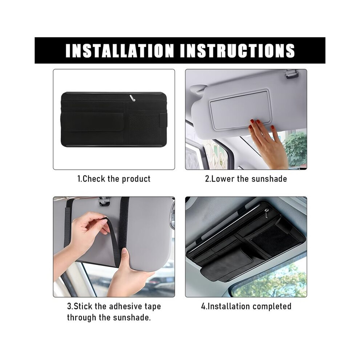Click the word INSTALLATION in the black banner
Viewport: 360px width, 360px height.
[x=120, y=50]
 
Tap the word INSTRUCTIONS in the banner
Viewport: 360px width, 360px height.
[x=237, y=50]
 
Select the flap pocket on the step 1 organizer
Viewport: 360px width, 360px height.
[x=92, y=122]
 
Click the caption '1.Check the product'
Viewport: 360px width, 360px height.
[x=114, y=179]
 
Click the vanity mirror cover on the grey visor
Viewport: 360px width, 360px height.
[x=241, y=109]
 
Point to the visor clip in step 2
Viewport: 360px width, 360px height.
[x=292, y=74]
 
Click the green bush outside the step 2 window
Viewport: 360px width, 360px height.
[x=296, y=149]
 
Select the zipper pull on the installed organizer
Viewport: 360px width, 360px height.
[x=267, y=213]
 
